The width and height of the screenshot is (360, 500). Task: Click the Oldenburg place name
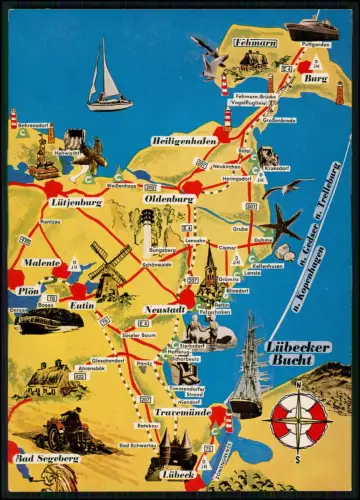[x=167, y=199]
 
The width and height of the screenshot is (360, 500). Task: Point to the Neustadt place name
[x=163, y=310]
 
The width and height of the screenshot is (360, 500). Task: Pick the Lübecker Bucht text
[x=291, y=353]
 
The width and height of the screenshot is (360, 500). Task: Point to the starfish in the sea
[x=284, y=223]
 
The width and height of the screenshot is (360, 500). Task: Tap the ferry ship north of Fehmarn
[x=311, y=27]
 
